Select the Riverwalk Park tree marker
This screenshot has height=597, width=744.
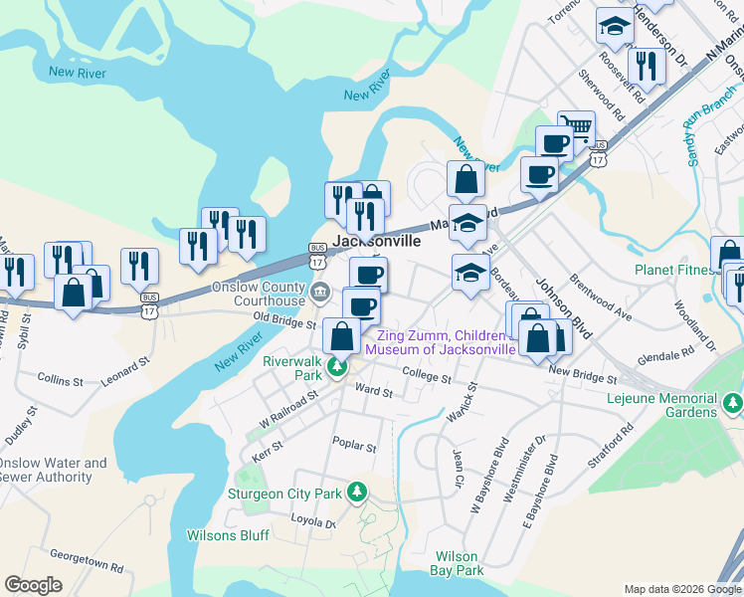(338, 369)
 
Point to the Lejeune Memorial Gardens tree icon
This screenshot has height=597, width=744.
(732, 403)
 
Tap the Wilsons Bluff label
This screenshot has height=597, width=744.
(228, 535)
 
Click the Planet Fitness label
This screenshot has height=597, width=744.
(677, 270)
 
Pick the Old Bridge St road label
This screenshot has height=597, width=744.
(283, 321)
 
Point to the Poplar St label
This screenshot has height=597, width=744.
(355, 448)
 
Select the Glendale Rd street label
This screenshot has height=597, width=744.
(665, 356)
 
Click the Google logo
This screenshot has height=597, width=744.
(33, 585)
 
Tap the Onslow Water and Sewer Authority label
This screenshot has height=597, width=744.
(52, 470)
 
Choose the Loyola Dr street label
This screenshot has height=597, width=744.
(313, 521)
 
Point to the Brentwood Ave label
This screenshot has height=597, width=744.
(600, 298)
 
